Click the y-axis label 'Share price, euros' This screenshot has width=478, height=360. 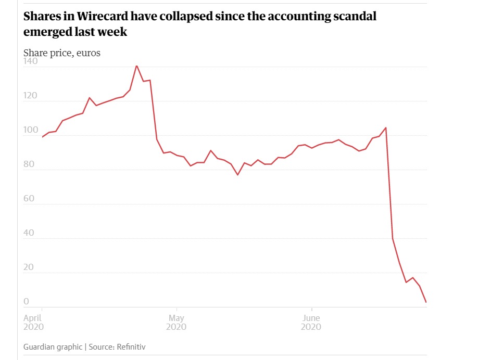[62, 53]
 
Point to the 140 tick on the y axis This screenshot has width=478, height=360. [31, 61]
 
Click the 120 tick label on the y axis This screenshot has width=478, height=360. [31, 96]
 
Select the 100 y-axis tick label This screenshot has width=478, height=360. [31, 130]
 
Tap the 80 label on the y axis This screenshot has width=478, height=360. [29, 164]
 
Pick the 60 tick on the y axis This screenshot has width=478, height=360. [29, 199]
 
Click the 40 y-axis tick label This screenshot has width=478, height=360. [29, 233]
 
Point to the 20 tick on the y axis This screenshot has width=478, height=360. [29, 267]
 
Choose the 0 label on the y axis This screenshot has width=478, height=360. [27, 302]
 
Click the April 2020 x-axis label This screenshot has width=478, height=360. [34, 322]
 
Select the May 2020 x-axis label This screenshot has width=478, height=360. [176, 322]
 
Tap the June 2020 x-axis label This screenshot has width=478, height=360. [311, 322]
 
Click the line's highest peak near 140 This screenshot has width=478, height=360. [136, 66]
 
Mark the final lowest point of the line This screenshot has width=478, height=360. [426, 302]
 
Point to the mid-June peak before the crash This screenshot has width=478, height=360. [385, 127]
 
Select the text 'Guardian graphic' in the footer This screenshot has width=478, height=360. [53, 346]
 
